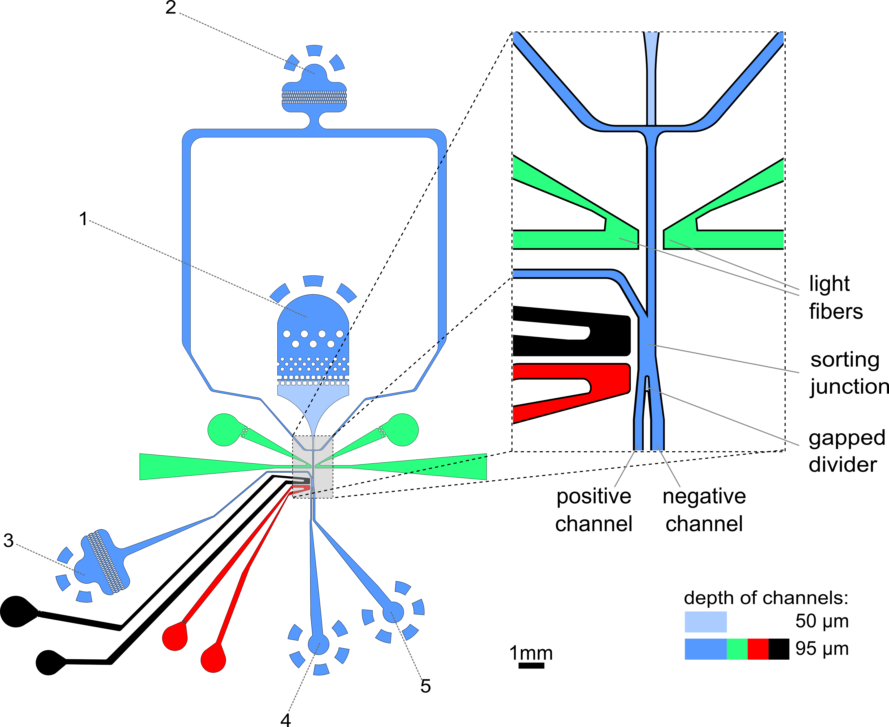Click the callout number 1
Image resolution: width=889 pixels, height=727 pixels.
click(x=83, y=219)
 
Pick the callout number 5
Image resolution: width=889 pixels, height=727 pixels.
click(x=425, y=686)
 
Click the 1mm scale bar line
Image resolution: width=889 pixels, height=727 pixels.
click(x=531, y=666)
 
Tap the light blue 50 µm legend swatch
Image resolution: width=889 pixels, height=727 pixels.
click(x=706, y=622)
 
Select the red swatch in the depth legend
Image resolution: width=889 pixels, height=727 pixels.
click(x=758, y=649)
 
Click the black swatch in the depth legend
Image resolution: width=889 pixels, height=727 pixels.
click(x=779, y=649)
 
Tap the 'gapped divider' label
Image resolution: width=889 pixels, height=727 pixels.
click(x=846, y=451)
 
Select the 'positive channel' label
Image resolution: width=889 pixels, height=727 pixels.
click(x=594, y=510)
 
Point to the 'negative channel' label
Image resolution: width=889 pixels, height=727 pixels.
click(x=704, y=510)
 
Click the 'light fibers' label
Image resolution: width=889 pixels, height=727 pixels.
click(x=835, y=297)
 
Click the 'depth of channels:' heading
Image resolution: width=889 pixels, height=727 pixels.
click(x=766, y=598)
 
